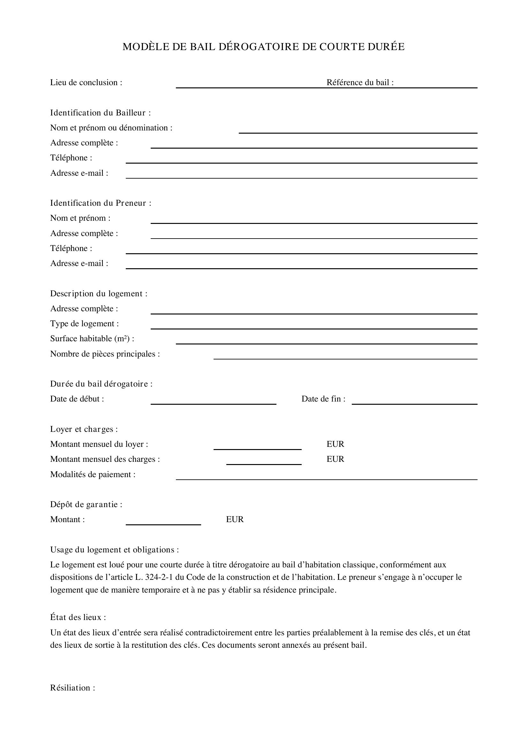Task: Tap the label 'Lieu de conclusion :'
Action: coord(86,83)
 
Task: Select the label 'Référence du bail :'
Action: coord(360,83)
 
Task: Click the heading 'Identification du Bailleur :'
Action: coord(101,113)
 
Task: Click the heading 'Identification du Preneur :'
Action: coord(101,203)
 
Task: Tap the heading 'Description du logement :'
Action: coord(99,294)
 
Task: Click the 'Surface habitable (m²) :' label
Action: coord(92,339)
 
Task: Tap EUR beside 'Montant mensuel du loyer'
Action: coord(335,444)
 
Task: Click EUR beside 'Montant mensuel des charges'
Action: coord(335,459)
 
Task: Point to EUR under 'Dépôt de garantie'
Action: coord(235,520)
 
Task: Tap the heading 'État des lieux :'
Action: coord(78,617)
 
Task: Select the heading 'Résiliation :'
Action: coord(72,688)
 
